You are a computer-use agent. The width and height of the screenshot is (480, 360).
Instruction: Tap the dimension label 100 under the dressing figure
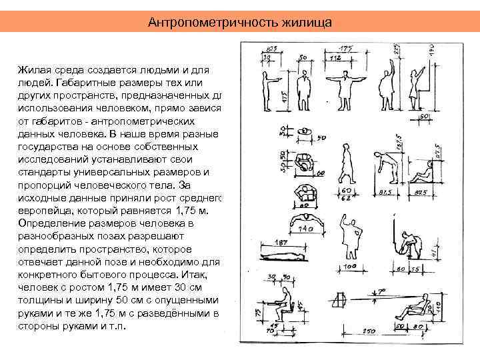351,267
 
